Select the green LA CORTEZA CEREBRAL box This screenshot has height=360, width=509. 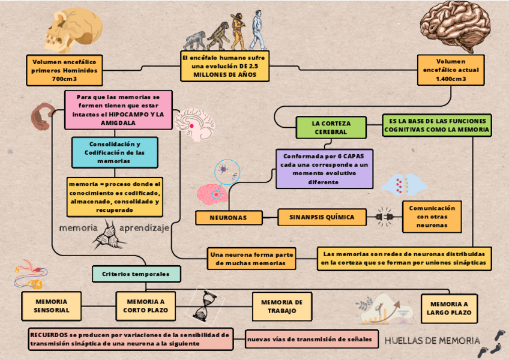tap(331, 127)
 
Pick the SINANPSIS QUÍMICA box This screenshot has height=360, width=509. tap(322, 217)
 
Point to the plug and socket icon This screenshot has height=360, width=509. tap(384, 217)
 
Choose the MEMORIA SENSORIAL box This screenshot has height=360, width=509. tap(52, 306)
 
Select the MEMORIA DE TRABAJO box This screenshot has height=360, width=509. tap(282, 306)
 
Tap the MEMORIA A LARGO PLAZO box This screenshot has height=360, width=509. tap(450, 308)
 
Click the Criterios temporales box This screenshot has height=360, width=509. tap(136, 274)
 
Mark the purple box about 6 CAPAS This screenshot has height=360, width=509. tap(324, 169)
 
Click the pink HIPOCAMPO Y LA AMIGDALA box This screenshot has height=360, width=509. tap(119, 110)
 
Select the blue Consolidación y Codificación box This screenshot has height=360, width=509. tap(114, 152)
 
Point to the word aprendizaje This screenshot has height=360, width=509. tap(144, 229)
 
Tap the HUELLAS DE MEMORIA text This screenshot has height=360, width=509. tap(432, 341)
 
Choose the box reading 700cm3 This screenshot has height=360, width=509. tap(64, 70)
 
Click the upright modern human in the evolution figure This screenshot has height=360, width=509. tap(258, 30)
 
